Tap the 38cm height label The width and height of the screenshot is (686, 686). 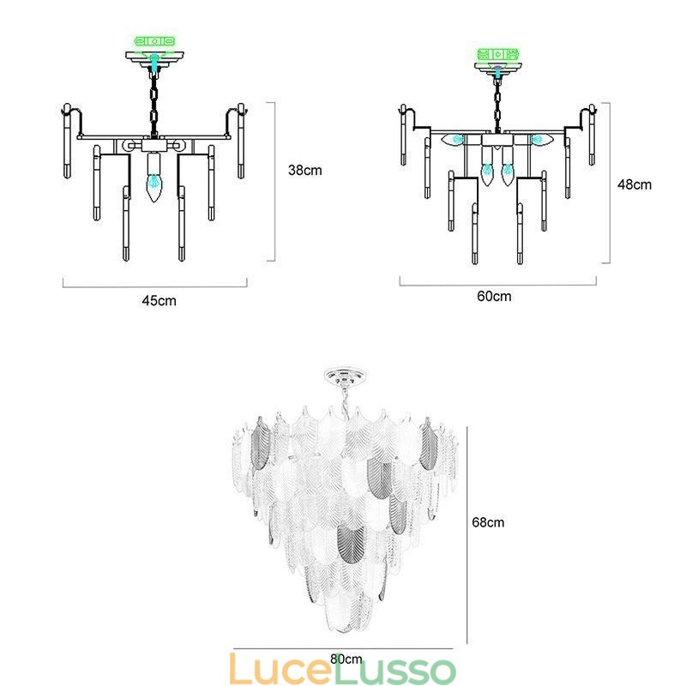click(304, 170)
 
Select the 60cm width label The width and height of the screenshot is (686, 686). click(494, 297)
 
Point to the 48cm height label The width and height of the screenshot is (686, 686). click(635, 184)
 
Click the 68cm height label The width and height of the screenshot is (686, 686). click(488, 521)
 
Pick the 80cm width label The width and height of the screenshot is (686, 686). click(346, 659)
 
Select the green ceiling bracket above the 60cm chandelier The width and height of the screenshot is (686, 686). click(497, 56)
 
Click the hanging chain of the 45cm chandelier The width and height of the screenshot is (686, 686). click(154, 103)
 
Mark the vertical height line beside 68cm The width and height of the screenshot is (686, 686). click(467, 532)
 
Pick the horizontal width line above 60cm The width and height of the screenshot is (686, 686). click(497, 282)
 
